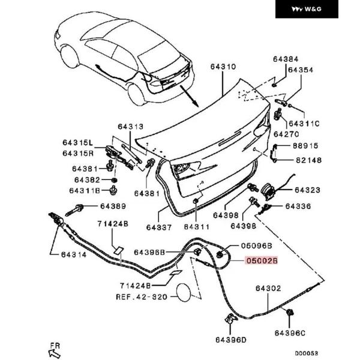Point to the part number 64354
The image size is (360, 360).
click(301, 70)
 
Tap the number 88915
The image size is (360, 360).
click(305, 146)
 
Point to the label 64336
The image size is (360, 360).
click(298, 206)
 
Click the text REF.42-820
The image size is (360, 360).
click(142, 296)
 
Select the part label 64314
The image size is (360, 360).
click(73, 254)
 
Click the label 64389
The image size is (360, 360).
click(113, 206)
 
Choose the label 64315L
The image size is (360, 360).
click(78, 143)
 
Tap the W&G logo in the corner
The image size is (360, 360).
click(315, 9)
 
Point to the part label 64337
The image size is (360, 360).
click(158, 227)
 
